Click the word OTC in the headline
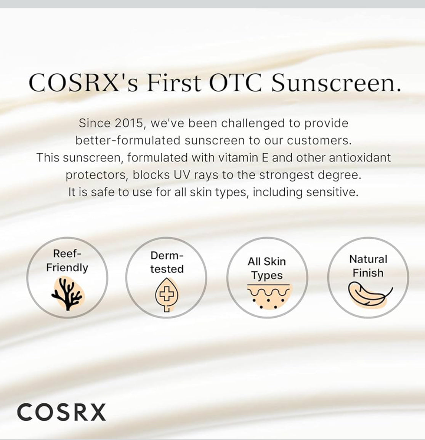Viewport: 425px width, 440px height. point(235,82)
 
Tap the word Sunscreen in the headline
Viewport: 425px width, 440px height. point(336,82)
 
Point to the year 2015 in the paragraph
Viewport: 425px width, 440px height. point(126,123)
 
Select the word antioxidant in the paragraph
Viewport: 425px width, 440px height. point(360,157)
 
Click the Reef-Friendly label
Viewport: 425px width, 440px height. point(67,261)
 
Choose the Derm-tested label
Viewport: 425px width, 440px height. point(167,262)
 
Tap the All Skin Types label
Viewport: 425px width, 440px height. point(267,268)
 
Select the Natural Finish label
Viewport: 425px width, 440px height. point(368,266)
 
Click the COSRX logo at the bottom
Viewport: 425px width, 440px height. point(61,412)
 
